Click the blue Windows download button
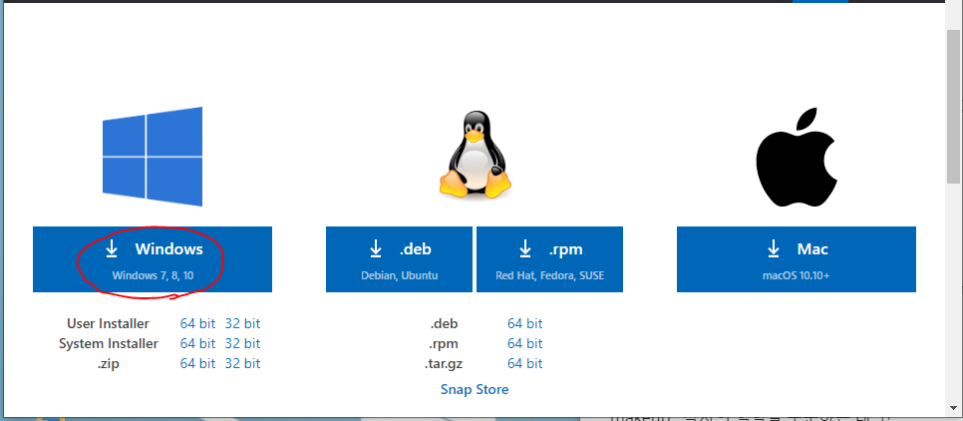[x=152, y=258]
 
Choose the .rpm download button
[x=549, y=258]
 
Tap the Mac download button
[x=797, y=258]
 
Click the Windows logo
[x=153, y=152]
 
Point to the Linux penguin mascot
[x=475, y=154]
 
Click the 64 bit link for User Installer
[x=197, y=323]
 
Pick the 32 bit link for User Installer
[x=242, y=323]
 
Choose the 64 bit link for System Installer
[x=197, y=343]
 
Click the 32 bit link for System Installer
[x=242, y=343]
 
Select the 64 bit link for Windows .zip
[x=197, y=363]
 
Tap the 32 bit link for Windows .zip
[x=242, y=363]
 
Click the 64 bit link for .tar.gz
[x=524, y=363]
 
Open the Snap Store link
[x=475, y=389]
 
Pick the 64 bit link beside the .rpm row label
[x=524, y=343]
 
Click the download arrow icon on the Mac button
[x=774, y=248]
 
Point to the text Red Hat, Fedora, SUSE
[x=549, y=274]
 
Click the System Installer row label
[x=109, y=343]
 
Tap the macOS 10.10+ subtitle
[x=797, y=274]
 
